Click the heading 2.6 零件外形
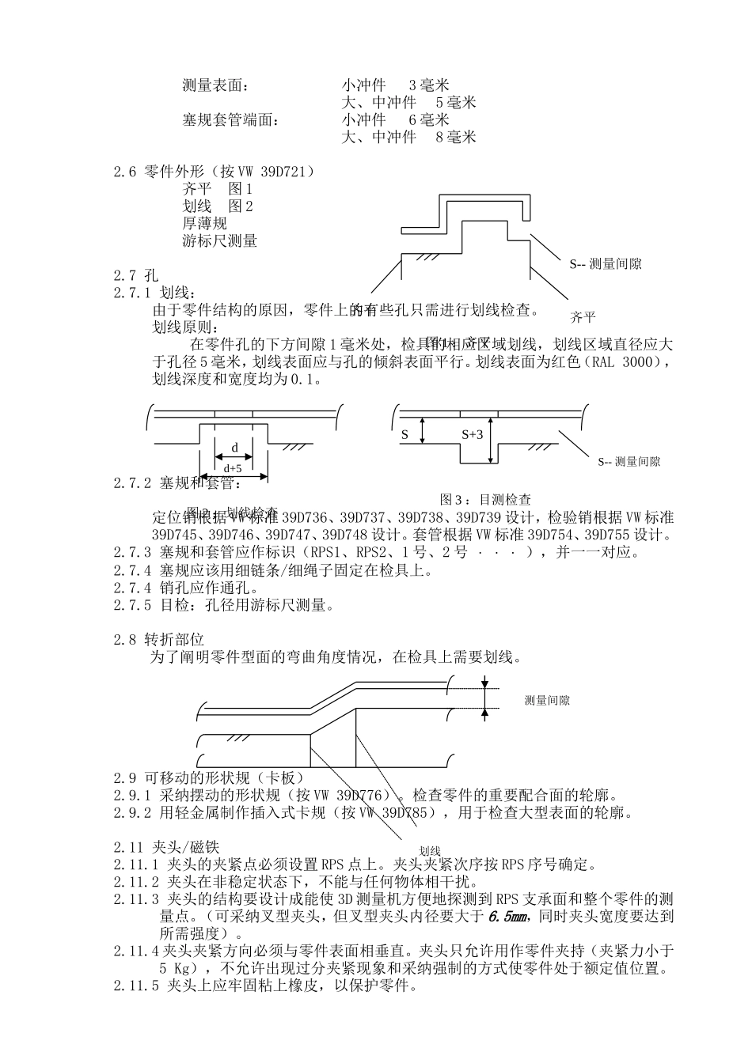pyautogui.click(x=214, y=172)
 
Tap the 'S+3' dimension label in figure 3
pyautogui.click(x=472, y=434)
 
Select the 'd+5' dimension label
pyautogui.click(x=232, y=468)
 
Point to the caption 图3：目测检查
pyautogui.click(x=485, y=500)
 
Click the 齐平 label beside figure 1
pyautogui.click(x=583, y=317)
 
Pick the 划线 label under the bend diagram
pyautogui.click(x=430, y=850)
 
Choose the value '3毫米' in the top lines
pyautogui.click(x=429, y=85)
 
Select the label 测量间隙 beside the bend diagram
pyautogui.click(x=547, y=700)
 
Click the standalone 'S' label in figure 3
pyautogui.click(x=404, y=434)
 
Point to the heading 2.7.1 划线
pyautogui.click(x=154, y=293)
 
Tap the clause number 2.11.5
pyautogui.click(x=136, y=986)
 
